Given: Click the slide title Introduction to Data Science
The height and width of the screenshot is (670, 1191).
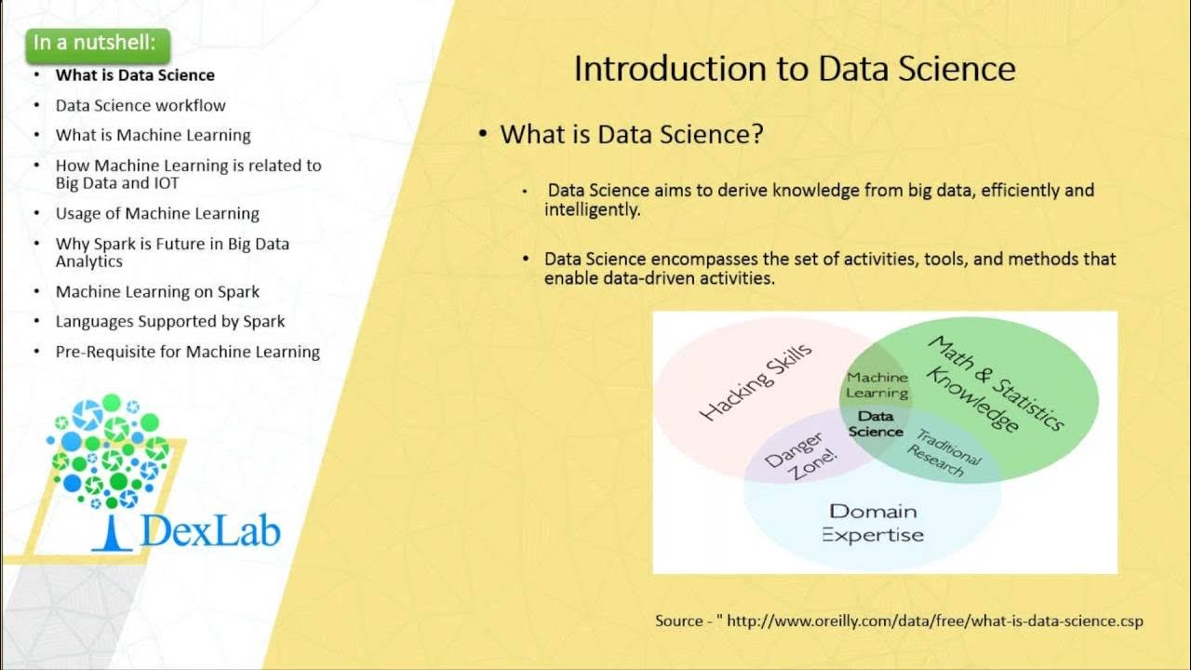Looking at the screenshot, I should (x=794, y=69).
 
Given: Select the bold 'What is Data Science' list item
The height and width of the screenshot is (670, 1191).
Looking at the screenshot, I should (x=135, y=75).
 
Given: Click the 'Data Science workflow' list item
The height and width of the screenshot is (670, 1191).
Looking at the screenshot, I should (x=141, y=105).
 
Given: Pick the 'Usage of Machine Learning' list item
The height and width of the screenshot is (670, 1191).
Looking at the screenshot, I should (x=157, y=213).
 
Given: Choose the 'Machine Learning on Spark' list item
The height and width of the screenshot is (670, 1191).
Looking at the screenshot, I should (x=157, y=291).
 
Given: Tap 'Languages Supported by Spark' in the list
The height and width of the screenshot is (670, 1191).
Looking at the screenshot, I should (x=170, y=321).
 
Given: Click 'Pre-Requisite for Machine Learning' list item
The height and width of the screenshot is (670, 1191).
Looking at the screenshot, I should (x=187, y=352).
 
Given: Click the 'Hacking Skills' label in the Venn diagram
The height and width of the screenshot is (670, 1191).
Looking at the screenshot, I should (x=755, y=382).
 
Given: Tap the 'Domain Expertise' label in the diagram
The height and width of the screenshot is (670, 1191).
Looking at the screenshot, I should (x=873, y=523).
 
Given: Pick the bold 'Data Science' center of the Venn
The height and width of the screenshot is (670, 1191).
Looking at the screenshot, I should (x=876, y=424).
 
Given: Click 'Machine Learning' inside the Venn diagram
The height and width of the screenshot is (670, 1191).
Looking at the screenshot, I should (x=877, y=385).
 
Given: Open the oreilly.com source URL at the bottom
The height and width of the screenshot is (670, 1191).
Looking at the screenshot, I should (x=934, y=621).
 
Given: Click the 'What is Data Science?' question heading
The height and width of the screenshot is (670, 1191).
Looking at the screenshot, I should (x=632, y=134).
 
